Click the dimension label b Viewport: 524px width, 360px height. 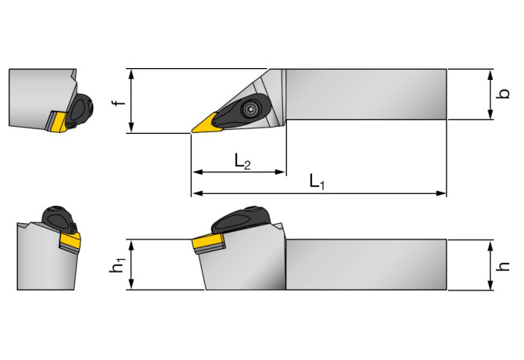504,94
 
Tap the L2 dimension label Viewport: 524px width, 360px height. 242,161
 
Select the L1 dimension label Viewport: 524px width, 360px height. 316,182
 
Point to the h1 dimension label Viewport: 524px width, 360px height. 118,265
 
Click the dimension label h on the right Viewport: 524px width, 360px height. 504,265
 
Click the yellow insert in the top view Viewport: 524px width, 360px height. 207,123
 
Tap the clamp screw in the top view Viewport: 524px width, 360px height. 252,109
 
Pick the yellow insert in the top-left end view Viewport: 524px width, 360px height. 56,120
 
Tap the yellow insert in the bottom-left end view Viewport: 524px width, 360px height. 69,243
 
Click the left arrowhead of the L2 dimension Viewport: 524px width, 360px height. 196,171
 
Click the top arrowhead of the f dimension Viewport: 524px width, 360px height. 134,73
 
